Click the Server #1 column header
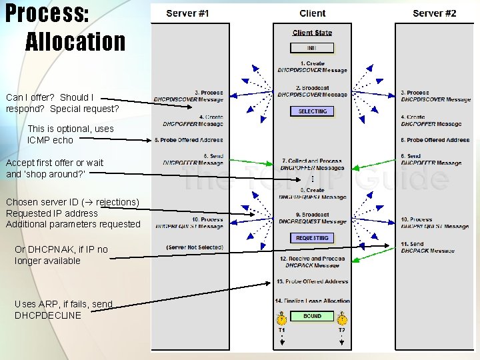pos(187,13)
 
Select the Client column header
pos(313,13)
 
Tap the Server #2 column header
pos(435,13)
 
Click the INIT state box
pos(312,48)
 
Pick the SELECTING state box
pos(313,111)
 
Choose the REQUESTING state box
pos(313,238)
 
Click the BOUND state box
pos(313,316)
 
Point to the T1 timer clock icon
pos(282,319)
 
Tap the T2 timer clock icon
pos(342,319)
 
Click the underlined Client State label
pos(312,33)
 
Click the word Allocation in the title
pos(75,42)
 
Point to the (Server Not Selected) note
pos(195,247)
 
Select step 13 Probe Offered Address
pos(313,281)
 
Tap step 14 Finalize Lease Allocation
pos(313,301)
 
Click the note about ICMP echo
pos(70,134)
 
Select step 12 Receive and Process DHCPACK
pos(313,261)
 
